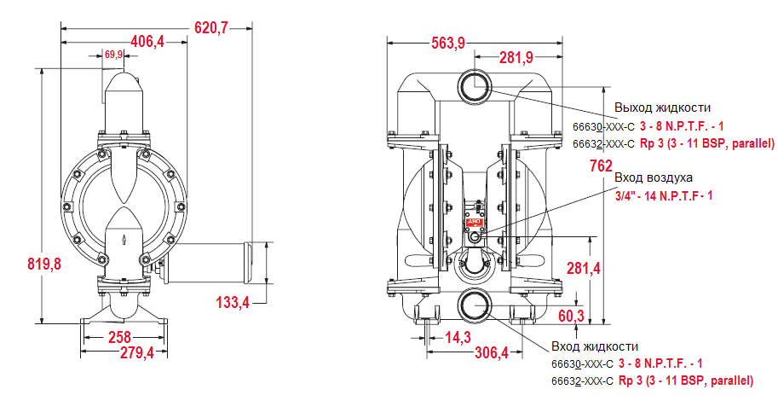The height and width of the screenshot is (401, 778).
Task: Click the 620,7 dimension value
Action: click(x=212, y=28)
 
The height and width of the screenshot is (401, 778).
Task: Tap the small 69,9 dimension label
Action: click(x=114, y=55)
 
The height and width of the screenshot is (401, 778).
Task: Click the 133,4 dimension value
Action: click(x=232, y=302)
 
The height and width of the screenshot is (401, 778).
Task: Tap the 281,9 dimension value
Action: click(x=516, y=57)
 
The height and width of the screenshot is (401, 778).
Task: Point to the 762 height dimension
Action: click(x=601, y=166)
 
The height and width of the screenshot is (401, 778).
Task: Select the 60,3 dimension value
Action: click(x=570, y=317)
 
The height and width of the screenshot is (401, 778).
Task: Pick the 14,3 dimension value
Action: click(x=458, y=337)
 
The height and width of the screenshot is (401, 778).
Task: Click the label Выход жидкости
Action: click(x=662, y=108)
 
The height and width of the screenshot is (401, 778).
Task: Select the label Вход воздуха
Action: click(x=654, y=177)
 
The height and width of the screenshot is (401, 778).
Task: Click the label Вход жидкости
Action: click(x=594, y=346)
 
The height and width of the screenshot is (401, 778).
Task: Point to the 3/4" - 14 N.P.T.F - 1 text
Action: click(x=664, y=195)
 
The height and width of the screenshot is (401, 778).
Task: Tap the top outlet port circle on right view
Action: click(x=474, y=85)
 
